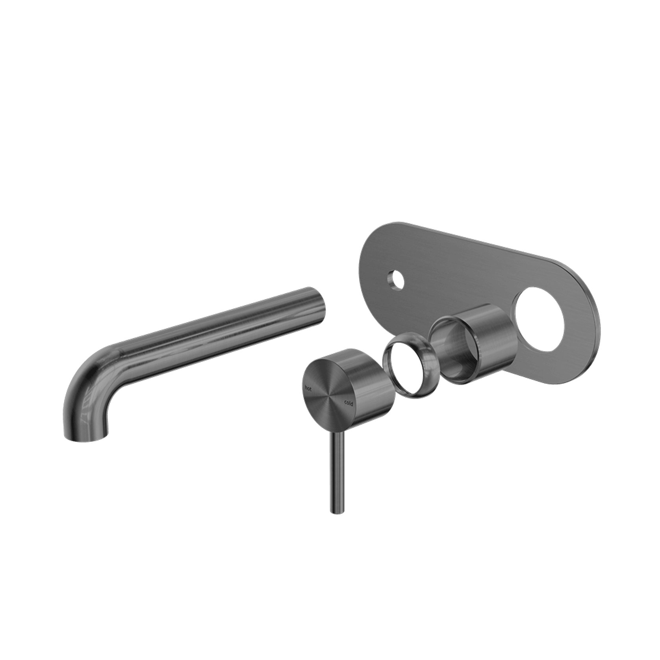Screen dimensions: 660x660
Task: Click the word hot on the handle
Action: (x=307, y=388)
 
